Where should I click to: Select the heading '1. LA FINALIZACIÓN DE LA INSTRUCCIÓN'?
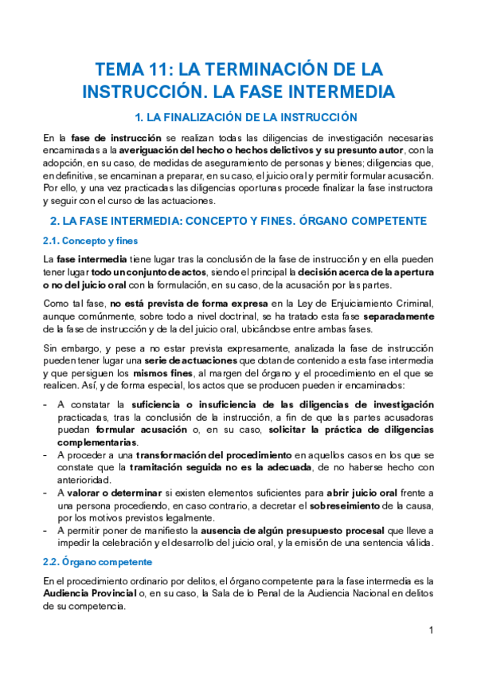[238, 117]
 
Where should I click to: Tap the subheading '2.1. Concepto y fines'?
[80, 241]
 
